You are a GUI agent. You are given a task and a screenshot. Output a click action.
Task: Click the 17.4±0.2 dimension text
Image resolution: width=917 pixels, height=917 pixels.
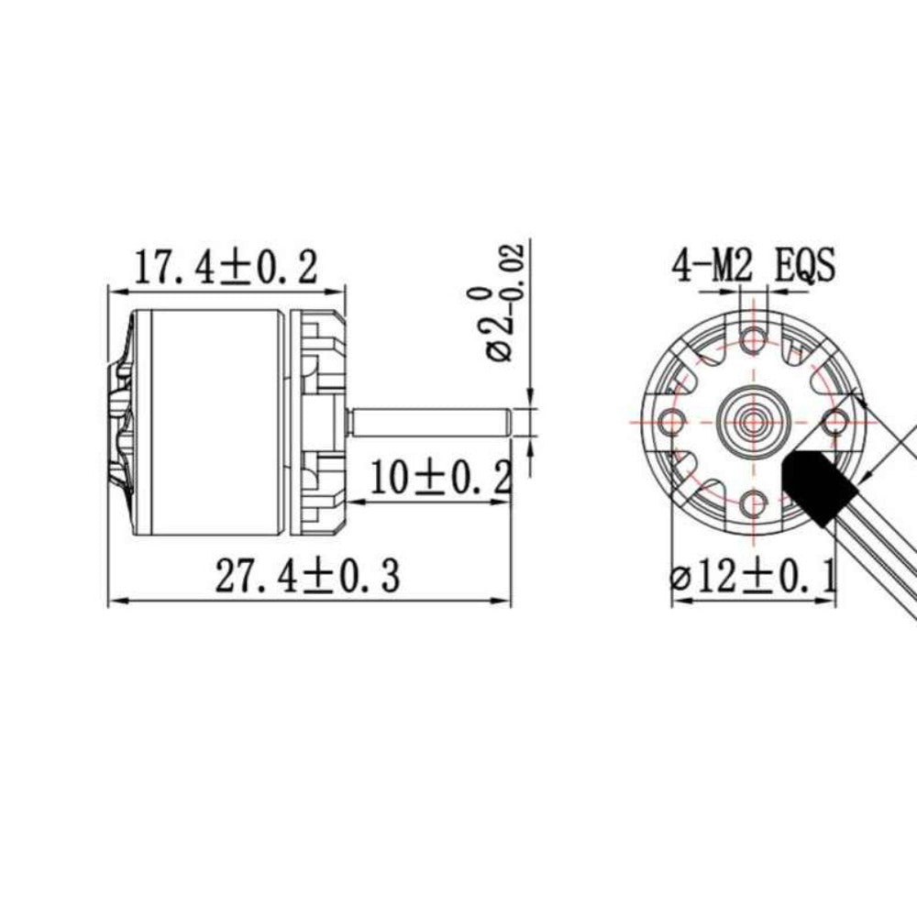tap(226, 267)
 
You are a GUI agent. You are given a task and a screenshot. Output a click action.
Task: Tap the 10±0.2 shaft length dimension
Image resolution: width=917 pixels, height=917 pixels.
tap(439, 477)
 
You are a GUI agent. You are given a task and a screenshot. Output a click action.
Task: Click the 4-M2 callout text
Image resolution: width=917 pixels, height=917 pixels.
tap(713, 267)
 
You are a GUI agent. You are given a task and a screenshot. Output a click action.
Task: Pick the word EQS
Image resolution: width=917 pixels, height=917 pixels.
tap(805, 267)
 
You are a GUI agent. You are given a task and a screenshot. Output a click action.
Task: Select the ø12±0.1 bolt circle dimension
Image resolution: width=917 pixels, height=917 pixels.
tap(752, 578)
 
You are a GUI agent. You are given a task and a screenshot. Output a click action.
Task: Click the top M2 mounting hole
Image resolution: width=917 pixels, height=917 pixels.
tap(754, 338)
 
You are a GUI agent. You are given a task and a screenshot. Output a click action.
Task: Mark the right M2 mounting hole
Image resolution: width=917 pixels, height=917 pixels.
tap(834, 421)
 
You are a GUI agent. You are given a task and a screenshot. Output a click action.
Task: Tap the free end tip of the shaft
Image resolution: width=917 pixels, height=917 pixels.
tap(508, 423)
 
